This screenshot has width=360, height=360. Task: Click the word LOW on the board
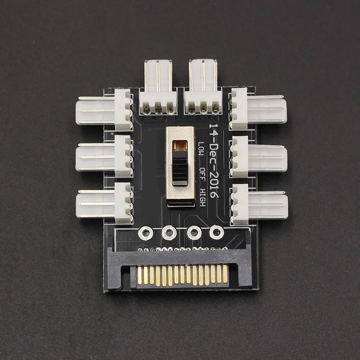[201, 149]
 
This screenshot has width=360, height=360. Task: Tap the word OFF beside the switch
[202, 174]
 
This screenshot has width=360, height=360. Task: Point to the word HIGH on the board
[202, 198]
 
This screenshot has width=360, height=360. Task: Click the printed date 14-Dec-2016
[213, 161]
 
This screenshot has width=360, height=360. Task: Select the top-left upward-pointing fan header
[158, 87]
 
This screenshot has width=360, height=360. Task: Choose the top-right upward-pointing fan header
[203, 87]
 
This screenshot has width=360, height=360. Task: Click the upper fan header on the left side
[104, 110]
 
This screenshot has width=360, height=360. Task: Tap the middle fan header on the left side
[104, 157]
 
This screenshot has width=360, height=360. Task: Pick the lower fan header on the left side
[104, 203]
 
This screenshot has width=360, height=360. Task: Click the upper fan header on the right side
[258, 108]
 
